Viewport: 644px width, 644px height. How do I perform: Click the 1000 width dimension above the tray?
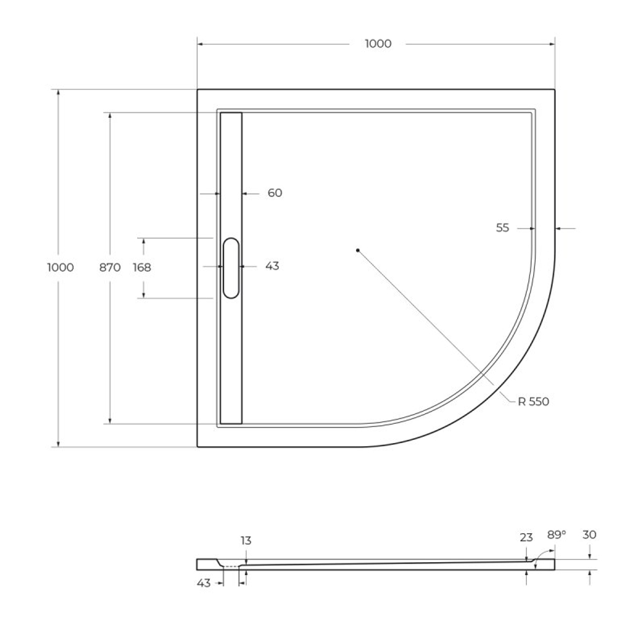[x=377, y=44]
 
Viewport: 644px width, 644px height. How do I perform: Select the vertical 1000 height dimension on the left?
[x=61, y=267]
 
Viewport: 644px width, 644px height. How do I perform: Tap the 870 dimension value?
[x=110, y=267]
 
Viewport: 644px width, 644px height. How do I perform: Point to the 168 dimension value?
[x=142, y=267]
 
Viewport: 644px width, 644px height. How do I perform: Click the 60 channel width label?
[x=275, y=193]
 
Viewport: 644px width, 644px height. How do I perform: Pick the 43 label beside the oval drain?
[x=272, y=265]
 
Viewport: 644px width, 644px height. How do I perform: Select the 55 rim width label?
[x=503, y=227]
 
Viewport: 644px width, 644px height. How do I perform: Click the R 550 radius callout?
[x=533, y=401]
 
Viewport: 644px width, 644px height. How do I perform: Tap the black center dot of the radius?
[x=357, y=250]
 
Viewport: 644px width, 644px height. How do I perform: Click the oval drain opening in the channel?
[x=231, y=268]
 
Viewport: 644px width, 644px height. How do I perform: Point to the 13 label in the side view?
[x=246, y=540]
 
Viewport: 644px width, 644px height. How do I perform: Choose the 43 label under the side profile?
[x=204, y=583]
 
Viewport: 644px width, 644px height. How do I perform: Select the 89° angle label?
[x=556, y=535]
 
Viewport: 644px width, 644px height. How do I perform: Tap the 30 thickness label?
[x=589, y=535]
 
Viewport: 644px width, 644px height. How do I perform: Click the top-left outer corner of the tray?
[x=198, y=90]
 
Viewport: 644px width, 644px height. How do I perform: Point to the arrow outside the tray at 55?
[x=560, y=228]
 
